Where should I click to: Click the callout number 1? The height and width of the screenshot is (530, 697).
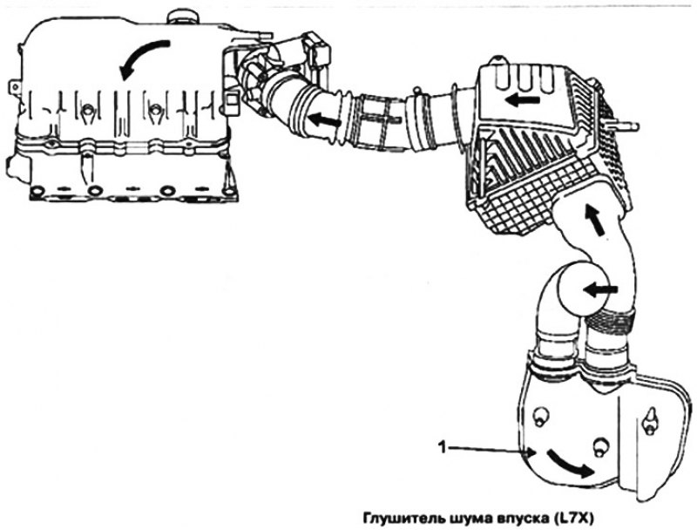[x=442, y=447]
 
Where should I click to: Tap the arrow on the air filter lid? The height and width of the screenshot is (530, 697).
[x=524, y=100]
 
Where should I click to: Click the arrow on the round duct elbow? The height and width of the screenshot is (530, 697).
[x=599, y=291]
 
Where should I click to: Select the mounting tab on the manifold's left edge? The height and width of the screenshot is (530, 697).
[x=15, y=87]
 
